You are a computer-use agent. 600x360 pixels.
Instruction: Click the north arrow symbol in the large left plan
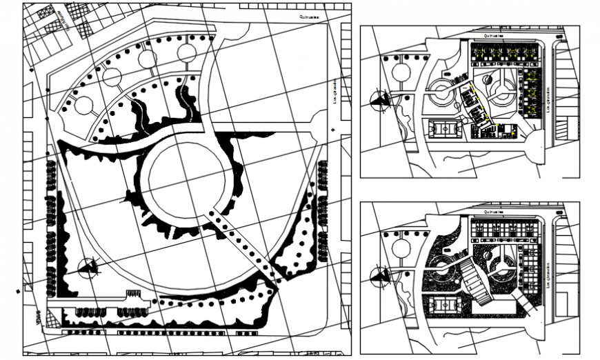pyautogui.click(x=88, y=267)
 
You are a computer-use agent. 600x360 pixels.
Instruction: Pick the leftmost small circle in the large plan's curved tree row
pyautogui.click(x=83, y=106)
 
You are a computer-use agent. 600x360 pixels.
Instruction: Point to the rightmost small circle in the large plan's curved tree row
pyautogui.click(x=187, y=52)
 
